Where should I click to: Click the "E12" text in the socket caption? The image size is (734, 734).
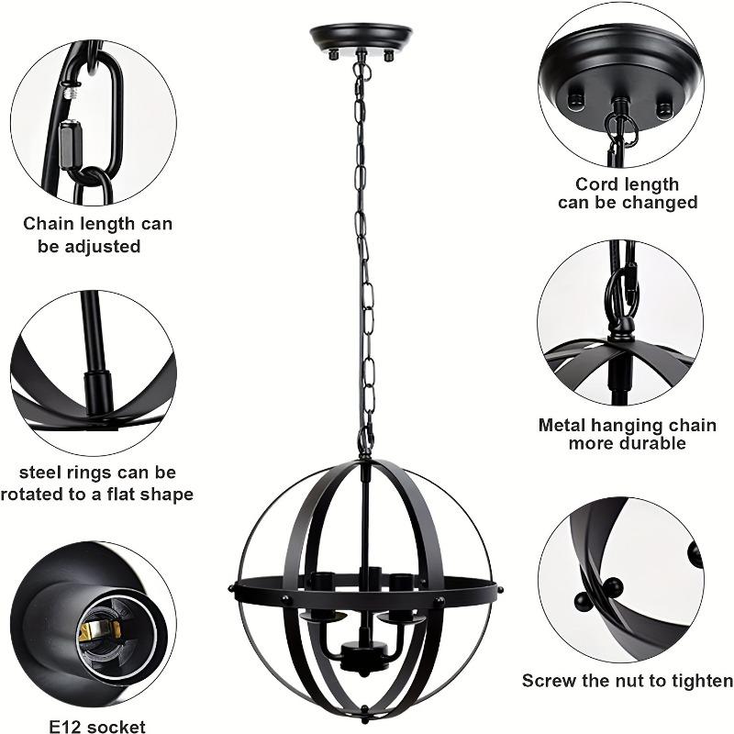tap(67, 727)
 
